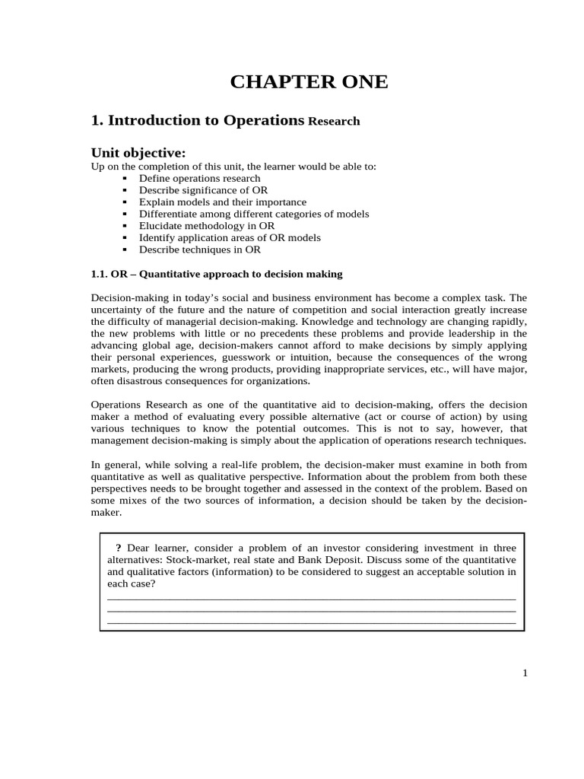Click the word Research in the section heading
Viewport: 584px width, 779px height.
pos(334,122)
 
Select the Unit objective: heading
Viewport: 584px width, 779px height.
pos(138,153)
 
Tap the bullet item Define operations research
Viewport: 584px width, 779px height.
pos(199,179)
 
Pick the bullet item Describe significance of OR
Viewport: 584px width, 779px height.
pos(203,190)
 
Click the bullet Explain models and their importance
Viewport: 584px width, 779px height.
pos(222,202)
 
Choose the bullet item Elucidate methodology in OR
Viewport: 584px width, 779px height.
pos(207,226)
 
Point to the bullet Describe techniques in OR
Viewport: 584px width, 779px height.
pos(199,250)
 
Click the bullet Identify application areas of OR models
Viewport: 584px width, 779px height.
pos(230,237)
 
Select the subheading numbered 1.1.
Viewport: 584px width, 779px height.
pos(217,274)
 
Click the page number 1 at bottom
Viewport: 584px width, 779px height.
pos(525,672)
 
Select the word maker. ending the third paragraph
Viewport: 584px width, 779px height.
pos(106,513)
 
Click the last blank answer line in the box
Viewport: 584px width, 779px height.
pos(312,622)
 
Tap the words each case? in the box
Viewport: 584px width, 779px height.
pos(132,583)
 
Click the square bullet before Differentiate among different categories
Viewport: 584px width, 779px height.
pos(124,215)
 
